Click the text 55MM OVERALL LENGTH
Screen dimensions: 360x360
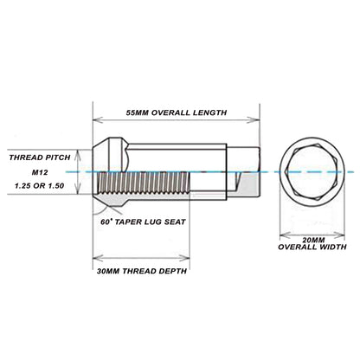click(177, 112)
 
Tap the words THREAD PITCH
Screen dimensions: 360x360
click(40, 157)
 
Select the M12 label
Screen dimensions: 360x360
click(40, 172)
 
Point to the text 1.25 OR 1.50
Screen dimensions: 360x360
click(40, 185)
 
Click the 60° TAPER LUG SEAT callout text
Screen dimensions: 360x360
click(143, 222)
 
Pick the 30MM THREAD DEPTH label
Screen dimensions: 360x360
click(142, 271)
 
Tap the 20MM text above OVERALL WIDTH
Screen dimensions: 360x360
click(313, 240)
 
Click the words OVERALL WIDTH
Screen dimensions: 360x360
click(312, 247)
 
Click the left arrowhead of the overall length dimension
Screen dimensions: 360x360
click(98, 119)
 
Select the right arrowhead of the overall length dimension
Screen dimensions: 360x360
click(254, 119)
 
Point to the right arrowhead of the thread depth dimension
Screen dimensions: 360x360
click(184, 258)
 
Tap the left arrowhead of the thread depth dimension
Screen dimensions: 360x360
click(98, 258)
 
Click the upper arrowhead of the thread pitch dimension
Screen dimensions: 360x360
click(77, 155)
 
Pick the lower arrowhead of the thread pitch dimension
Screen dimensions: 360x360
click(77, 189)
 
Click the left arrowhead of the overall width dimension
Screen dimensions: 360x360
click(285, 235)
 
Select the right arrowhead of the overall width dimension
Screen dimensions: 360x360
click(339, 235)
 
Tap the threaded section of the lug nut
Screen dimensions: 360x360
click(145, 183)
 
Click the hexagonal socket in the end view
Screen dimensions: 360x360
click(312, 171)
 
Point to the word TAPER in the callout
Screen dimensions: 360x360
click(127, 222)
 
